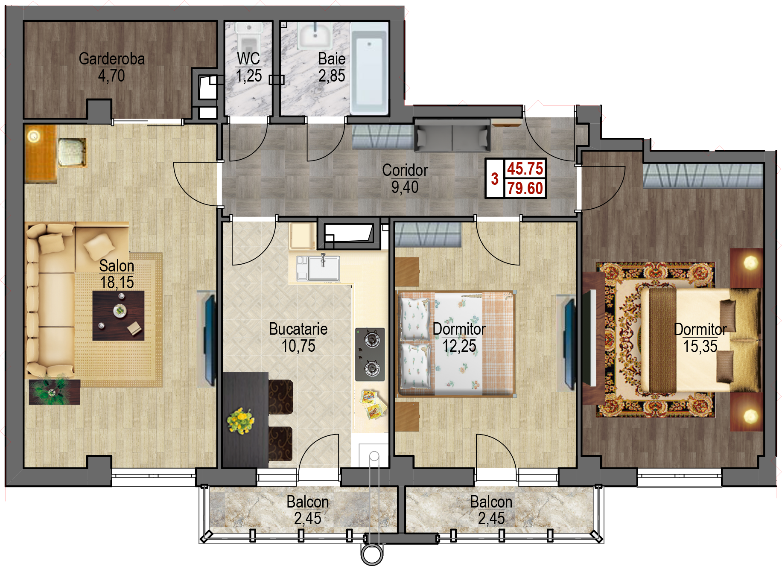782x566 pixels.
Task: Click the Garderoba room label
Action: pos(112,59)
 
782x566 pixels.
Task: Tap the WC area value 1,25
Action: pos(249,76)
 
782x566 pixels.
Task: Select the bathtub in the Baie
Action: pos(369,68)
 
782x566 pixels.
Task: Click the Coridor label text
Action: pos(405,170)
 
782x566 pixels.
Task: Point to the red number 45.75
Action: pos(525,169)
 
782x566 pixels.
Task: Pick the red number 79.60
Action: pos(525,188)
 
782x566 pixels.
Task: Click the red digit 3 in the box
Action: pos(495,179)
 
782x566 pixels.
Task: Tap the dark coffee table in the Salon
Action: pos(118,316)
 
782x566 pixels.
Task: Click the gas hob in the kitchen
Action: pos(370,354)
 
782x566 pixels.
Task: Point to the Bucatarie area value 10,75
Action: pos(298,346)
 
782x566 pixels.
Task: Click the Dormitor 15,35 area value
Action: pos(700,347)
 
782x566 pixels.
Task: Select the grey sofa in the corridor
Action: pos(452,135)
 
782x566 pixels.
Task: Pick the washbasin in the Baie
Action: pos(315,36)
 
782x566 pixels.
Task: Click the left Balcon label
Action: pos(308,502)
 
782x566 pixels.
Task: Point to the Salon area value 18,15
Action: pos(117,283)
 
